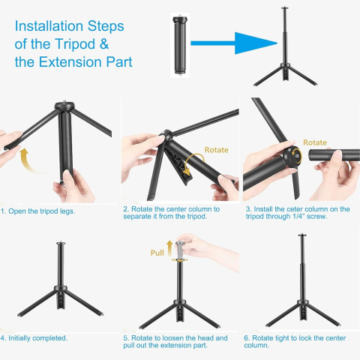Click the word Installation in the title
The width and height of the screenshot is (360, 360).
(x=49, y=26)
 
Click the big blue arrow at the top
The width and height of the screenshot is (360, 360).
(x=234, y=43)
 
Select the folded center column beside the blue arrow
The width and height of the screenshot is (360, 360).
(x=180, y=45)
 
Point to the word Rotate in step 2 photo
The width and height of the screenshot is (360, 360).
(x=216, y=150)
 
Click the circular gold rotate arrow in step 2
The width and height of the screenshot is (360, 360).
(x=193, y=163)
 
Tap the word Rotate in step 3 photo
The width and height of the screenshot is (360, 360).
(x=315, y=142)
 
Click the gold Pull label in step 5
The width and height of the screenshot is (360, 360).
(x=157, y=253)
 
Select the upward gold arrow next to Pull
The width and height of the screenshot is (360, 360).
(x=169, y=248)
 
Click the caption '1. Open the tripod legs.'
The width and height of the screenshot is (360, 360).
(x=37, y=211)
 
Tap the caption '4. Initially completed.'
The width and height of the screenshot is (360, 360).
(x=34, y=338)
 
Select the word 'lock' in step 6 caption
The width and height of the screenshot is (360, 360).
(x=304, y=338)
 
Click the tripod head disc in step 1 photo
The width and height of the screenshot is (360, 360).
(x=64, y=105)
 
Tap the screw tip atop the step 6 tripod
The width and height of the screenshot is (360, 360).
(x=302, y=235)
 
